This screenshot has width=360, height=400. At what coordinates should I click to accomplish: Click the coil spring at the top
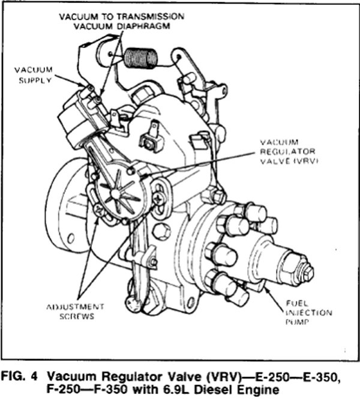(x=142, y=58)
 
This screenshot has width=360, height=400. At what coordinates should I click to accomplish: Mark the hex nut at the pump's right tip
(x=307, y=273)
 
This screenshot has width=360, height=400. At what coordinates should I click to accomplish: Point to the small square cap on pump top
(x=148, y=142)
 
